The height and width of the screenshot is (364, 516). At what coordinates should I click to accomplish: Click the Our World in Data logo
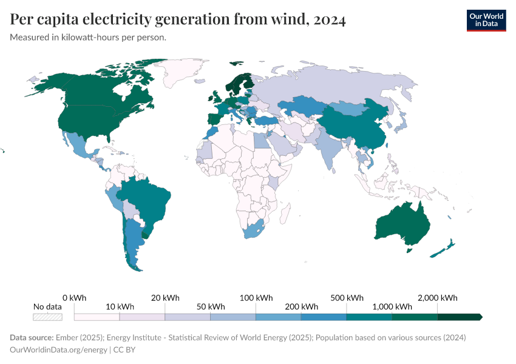click(486, 20)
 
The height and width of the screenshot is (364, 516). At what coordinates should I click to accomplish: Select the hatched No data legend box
click(47, 317)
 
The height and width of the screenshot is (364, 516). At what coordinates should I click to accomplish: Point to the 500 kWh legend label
click(347, 298)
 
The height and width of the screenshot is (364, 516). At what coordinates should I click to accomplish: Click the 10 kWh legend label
click(120, 307)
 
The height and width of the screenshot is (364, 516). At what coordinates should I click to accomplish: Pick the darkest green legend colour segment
click(459, 317)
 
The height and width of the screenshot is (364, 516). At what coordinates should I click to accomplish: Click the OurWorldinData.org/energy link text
click(58, 349)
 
